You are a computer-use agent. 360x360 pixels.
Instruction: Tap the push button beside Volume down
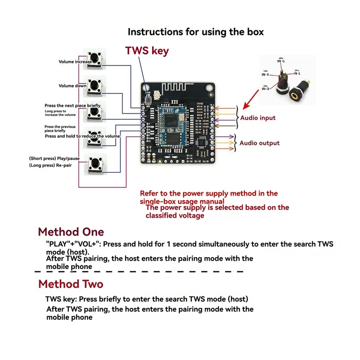[x=95, y=86]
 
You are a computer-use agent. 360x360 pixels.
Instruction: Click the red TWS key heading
[x=147, y=51]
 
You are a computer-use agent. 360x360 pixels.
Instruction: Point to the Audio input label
[x=257, y=118]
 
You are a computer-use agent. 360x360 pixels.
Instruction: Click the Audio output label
[x=259, y=143]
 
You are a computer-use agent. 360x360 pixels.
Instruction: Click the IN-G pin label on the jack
[x=281, y=61]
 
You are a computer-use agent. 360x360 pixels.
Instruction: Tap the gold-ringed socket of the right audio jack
[x=297, y=95]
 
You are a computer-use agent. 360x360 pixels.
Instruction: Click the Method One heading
[x=71, y=232]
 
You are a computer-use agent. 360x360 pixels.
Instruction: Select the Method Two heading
[x=71, y=284]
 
